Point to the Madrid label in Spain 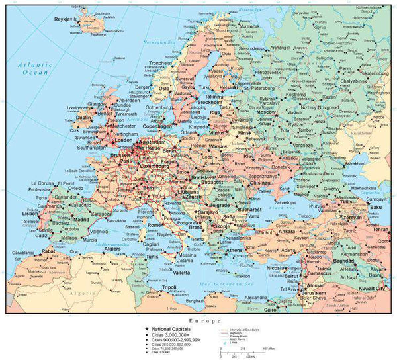pyautogui.click(x=81, y=219)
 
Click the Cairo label pyautogui.click(x=271, y=309)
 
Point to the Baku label pyautogui.click(x=377, y=208)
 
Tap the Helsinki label pyautogui.click(x=228, y=87)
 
